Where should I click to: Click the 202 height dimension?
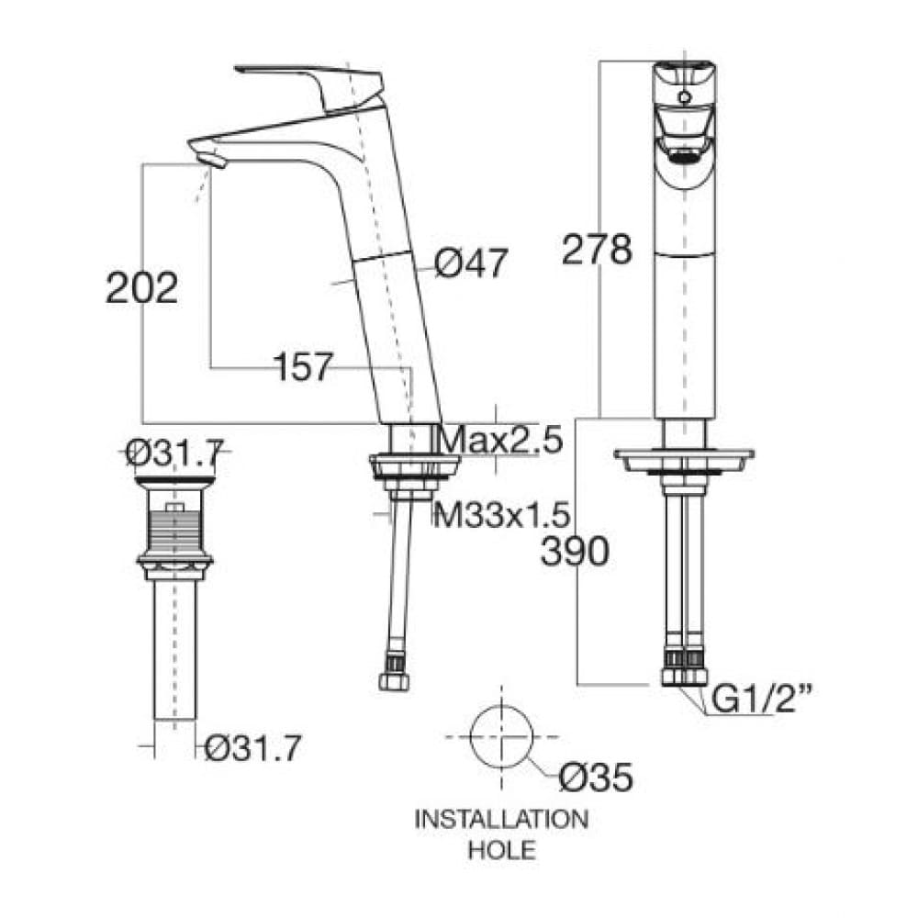[x=141, y=288]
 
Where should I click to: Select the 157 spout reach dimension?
[x=302, y=368]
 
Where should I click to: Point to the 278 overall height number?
[x=598, y=250]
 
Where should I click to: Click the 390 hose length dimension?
[x=575, y=553]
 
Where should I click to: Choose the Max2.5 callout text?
[x=499, y=441]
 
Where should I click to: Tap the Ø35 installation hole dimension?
[x=596, y=778]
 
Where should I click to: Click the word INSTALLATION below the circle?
[x=501, y=819]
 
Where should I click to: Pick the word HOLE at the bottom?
[x=501, y=850]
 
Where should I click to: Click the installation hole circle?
[x=501, y=738]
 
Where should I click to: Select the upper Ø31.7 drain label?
[x=174, y=452]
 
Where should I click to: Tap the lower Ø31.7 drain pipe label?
[x=252, y=749]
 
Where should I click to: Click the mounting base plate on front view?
[x=685, y=458]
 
